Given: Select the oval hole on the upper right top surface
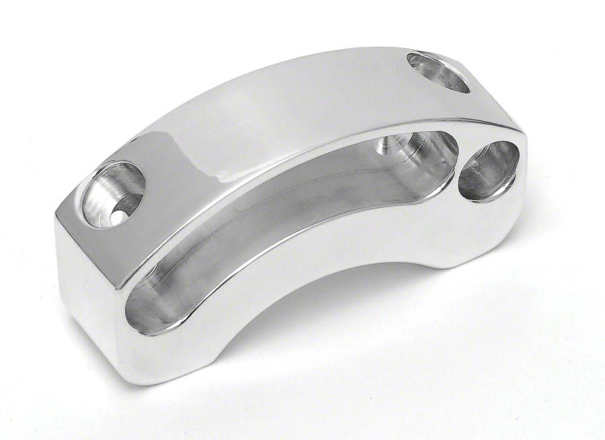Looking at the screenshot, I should (439, 72).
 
